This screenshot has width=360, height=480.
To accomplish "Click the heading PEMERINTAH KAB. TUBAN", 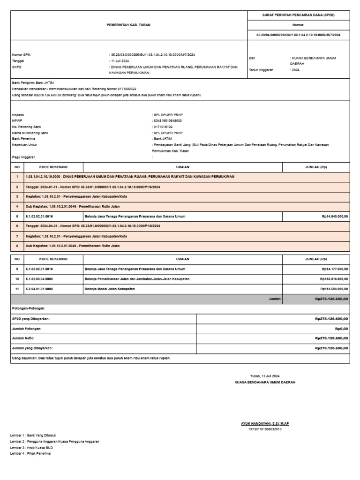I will pos(128,25).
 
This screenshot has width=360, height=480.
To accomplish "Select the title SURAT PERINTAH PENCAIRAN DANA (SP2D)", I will pos(298,15).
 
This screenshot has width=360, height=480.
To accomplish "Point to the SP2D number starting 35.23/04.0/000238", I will pos(298,35).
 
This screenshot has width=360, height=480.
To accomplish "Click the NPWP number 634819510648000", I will pos(168,120).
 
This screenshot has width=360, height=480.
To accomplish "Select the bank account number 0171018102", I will pos(163,127).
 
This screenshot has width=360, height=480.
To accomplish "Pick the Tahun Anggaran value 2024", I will pos(295,69).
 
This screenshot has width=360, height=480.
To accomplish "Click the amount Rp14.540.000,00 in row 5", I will pos(334,216).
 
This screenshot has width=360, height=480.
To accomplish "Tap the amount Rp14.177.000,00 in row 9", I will pos(334,269).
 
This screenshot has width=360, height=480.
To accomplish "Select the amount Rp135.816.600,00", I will pos(333,279).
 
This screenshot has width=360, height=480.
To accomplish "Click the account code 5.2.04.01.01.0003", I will pos(39,289).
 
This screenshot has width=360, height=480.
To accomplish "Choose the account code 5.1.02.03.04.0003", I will pos(39,279).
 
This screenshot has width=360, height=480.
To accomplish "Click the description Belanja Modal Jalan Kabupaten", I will pos(109,289).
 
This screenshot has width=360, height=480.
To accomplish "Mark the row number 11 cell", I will pos(17,289).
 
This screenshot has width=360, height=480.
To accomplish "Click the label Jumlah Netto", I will pos(23,338).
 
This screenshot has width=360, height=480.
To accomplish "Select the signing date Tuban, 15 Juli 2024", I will pos(265,376).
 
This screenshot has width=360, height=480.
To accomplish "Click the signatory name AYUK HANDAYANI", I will pos(265,423).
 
